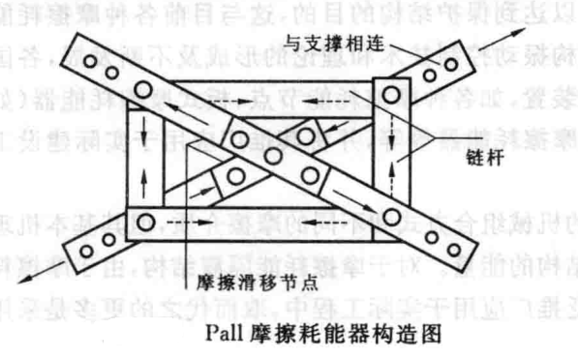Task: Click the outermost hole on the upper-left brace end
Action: click(x=89, y=61)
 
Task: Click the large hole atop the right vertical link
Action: click(x=391, y=95)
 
